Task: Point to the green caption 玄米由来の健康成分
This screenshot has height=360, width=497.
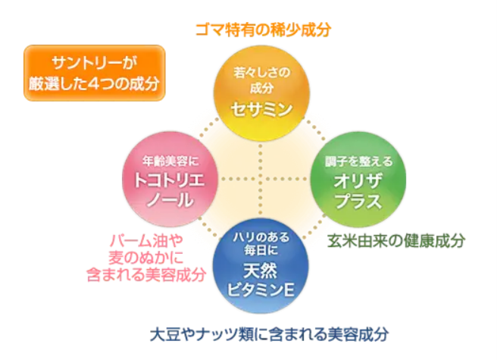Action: (x=395, y=240)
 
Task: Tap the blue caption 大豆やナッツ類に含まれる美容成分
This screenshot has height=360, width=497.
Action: (x=269, y=333)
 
